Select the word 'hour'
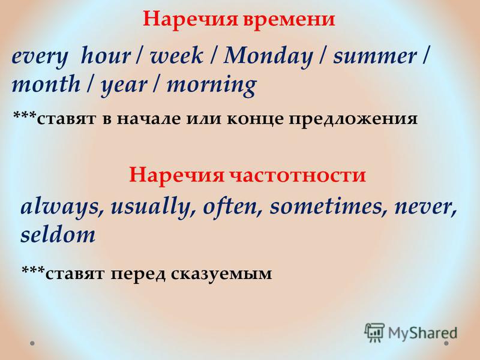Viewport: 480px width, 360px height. pos(106,55)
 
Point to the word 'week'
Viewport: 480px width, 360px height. pos(176,55)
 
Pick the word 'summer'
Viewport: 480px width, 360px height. pos(374,56)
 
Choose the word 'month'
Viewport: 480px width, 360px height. pos(46,83)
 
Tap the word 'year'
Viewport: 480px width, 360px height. pos(124,86)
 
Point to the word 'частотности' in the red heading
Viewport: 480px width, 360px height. pos(298,175)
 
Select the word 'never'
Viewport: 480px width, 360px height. pos(425,208)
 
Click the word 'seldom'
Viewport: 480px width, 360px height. pos(58,235)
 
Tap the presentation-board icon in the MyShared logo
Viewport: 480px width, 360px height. pos(374,333)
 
